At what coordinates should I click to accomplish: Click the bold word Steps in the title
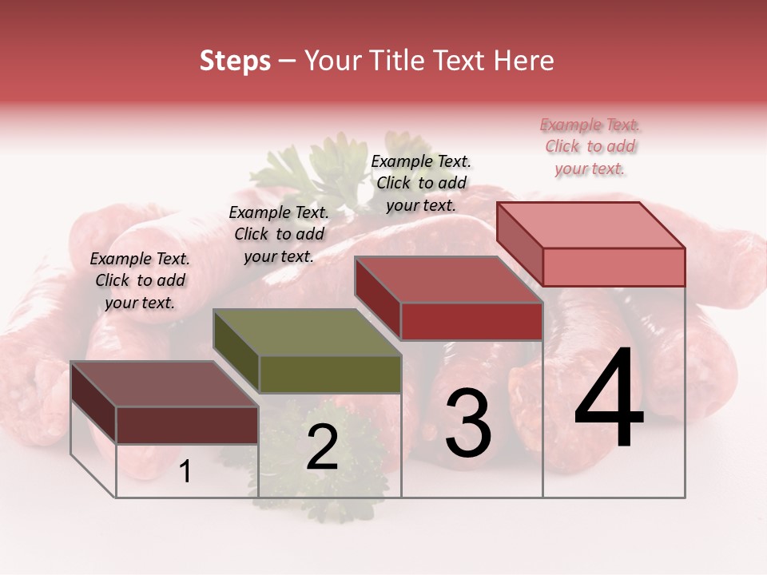pos(235,61)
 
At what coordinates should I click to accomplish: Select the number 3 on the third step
pos(468,423)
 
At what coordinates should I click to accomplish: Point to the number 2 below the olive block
pos(322,448)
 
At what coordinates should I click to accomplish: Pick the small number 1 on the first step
pos(185,472)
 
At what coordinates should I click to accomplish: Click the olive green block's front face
pos(330,374)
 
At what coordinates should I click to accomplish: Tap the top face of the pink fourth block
pos(591,225)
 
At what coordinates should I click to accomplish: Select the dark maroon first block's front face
pos(187,424)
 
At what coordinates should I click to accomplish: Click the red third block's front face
pos(471,321)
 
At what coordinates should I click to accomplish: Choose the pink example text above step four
pos(590,146)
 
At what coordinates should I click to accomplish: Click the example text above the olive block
pos(279,234)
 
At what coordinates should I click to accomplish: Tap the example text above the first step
pos(140,280)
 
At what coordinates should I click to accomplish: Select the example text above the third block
pos(421,183)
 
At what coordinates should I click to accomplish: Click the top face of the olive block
pos(308,332)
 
